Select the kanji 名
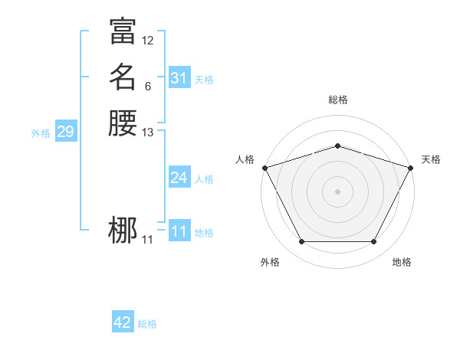(x=123, y=77)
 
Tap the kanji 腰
(x=123, y=123)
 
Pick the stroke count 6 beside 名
(x=148, y=87)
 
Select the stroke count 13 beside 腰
(x=148, y=133)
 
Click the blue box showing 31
(x=179, y=78)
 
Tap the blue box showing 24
(x=179, y=178)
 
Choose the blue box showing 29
(x=65, y=132)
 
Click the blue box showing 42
(x=123, y=322)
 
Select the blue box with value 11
(x=179, y=231)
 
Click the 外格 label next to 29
(x=41, y=133)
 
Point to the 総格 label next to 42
(x=147, y=324)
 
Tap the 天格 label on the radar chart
(x=431, y=159)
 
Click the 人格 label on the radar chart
(x=245, y=159)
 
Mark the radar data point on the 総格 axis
(x=337, y=146)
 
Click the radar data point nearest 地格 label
(x=373, y=242)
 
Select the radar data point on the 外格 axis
(x=301, y=242)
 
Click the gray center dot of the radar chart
(x=337, y=191)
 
